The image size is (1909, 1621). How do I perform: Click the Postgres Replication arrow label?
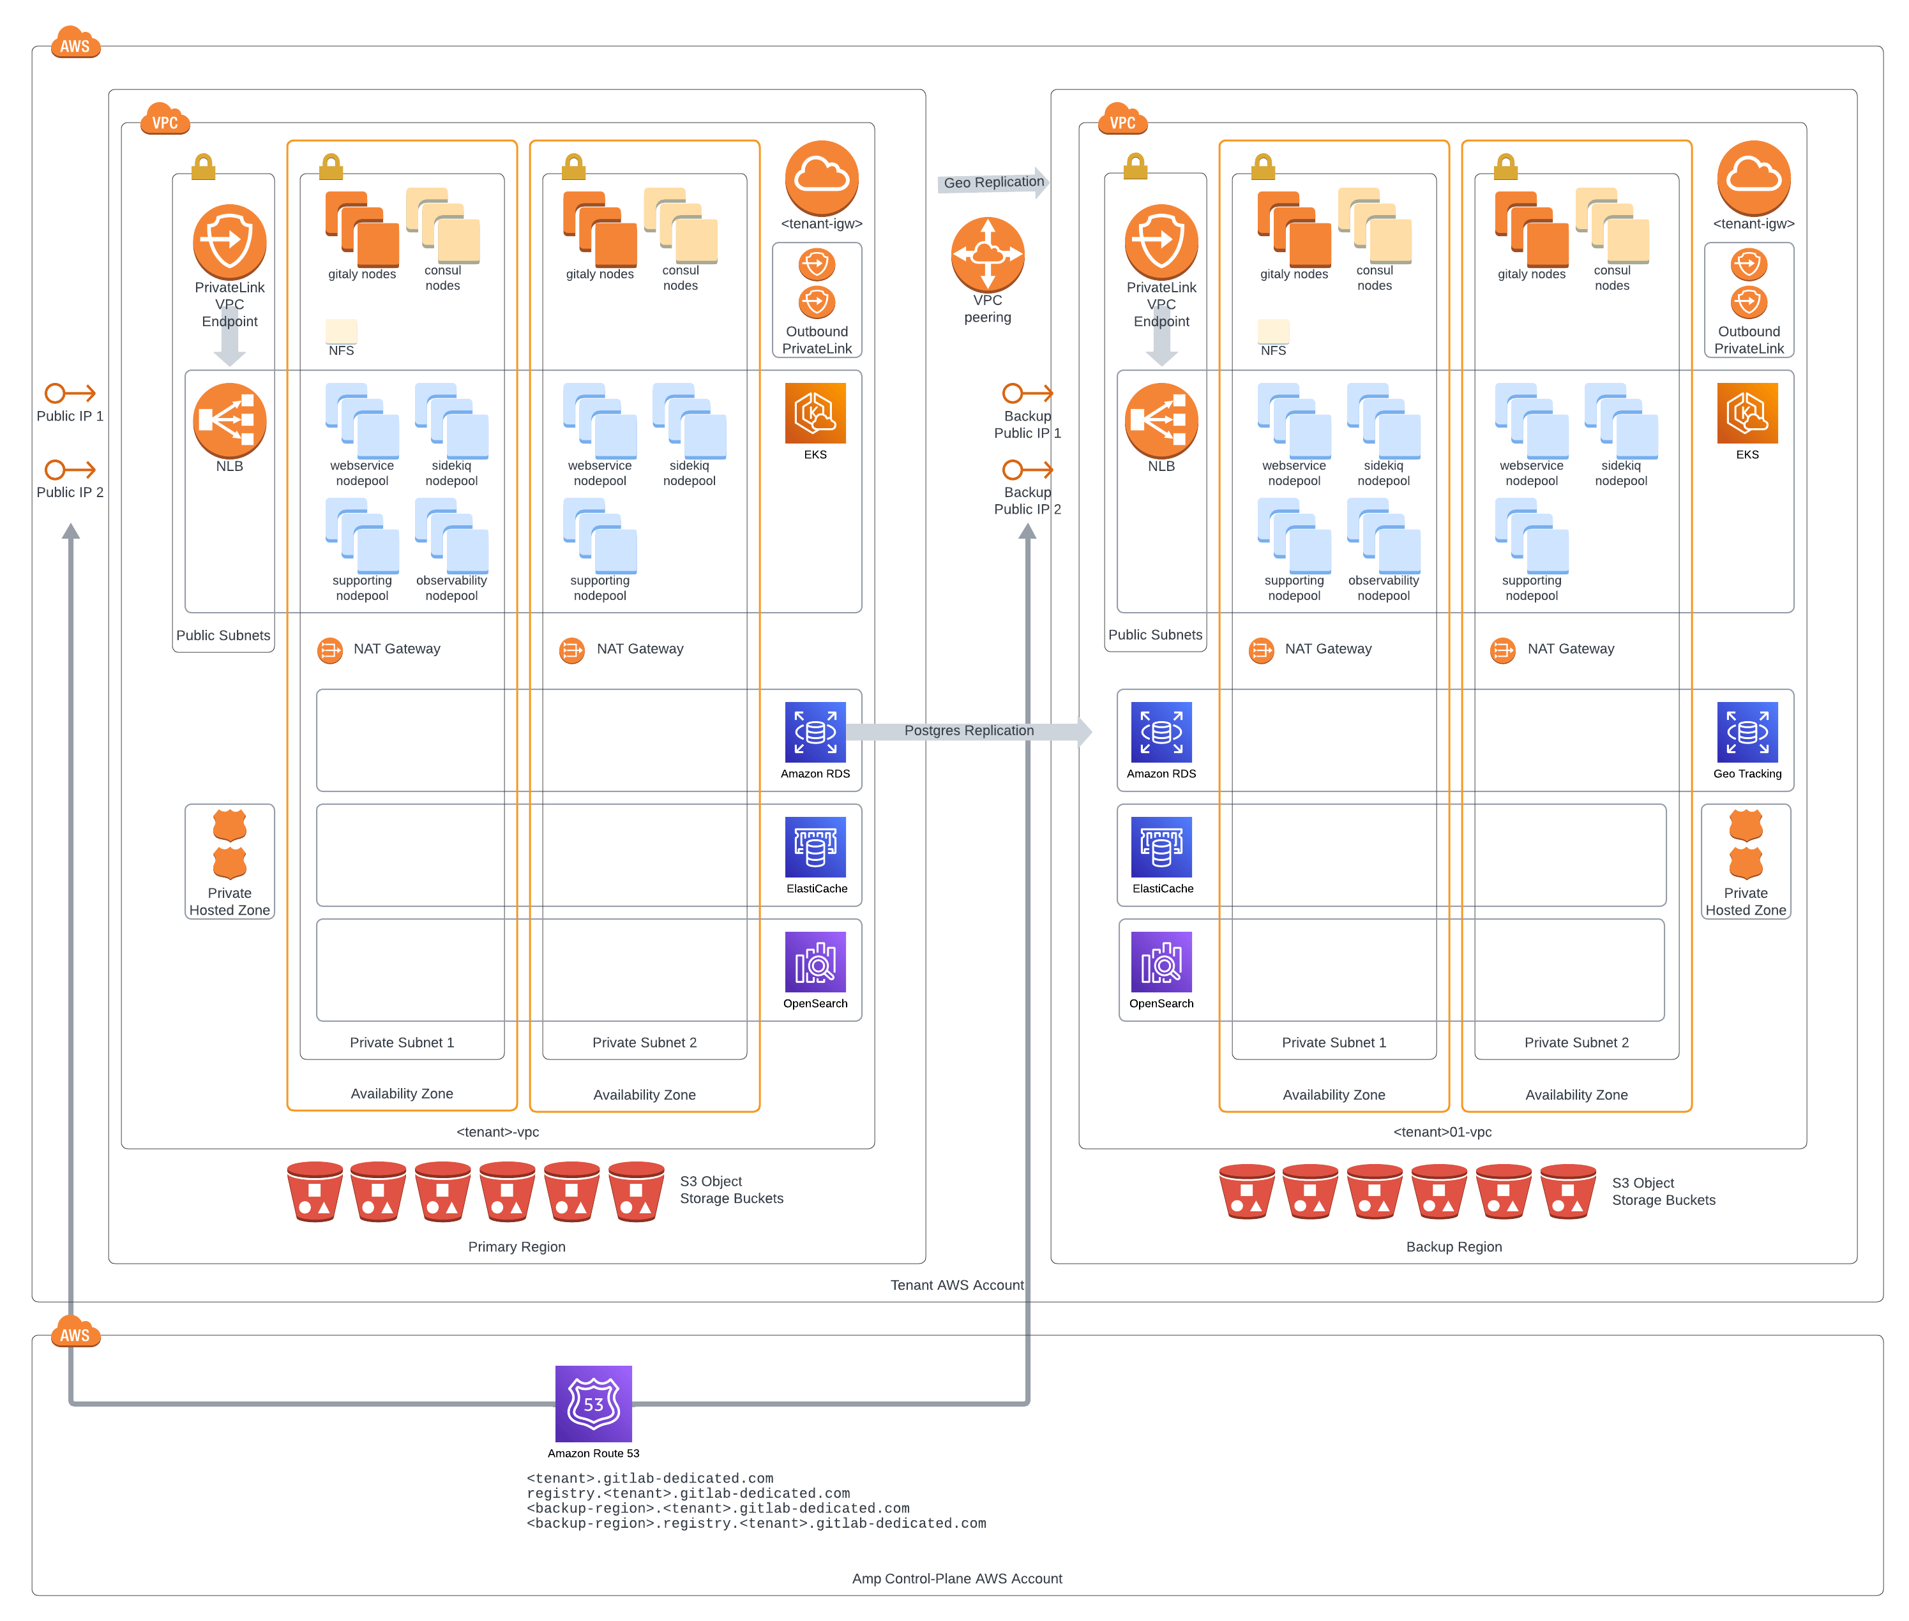pos(968,731)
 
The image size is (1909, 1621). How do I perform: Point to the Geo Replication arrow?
pos(993,182)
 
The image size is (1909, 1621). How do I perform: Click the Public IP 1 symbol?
pos(70,393)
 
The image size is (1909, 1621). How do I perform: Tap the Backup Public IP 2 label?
pos(1027,501)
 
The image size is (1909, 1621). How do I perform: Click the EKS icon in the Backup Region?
pos(1746,414)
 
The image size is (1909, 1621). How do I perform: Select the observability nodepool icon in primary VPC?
pos(451,535)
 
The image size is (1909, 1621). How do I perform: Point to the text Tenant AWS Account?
pos(956,1285)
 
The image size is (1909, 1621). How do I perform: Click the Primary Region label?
pos(517,1246)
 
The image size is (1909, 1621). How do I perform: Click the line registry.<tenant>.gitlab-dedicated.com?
pos(688,1493)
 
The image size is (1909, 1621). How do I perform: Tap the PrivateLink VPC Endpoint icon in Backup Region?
pos(1160,241)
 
